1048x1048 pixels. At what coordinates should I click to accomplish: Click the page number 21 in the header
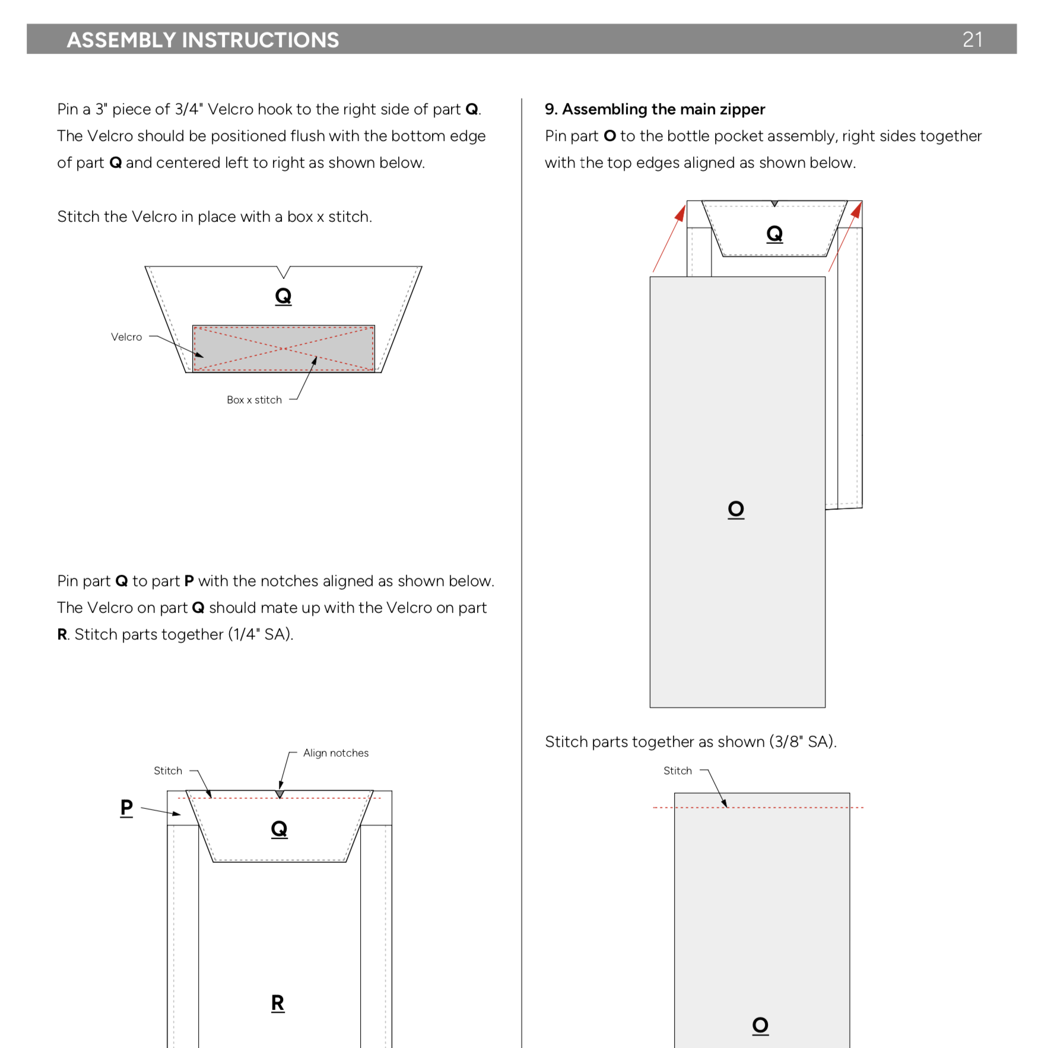click(972, 40)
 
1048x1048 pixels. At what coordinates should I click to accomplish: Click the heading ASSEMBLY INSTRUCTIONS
click(202, 40)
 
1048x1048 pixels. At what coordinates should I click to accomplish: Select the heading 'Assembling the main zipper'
click(663, 109)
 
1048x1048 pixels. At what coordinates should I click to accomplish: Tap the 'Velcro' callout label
click(126, 337)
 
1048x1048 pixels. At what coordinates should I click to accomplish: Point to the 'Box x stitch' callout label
click(254, 400)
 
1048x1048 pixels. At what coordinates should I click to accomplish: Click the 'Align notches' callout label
click(335, 753)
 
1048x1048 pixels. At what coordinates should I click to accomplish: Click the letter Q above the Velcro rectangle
click(283, 296)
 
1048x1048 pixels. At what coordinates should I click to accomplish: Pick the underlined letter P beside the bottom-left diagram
click(126, 807)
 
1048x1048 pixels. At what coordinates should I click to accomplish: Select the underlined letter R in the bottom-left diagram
click(278, 1003)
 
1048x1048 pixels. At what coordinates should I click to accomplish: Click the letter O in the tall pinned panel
click(736, 509)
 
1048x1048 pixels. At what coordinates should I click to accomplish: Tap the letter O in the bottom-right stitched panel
click(760, 1025)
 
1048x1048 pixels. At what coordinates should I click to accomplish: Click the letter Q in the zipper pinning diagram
click(774, 234)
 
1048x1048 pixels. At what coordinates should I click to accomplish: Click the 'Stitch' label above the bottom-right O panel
click(678, 771)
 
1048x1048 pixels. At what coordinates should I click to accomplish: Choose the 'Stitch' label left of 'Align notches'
click(168, 771)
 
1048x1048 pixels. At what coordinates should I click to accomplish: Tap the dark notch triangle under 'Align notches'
click(280, 794)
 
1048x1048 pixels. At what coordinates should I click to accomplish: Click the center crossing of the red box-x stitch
click(284, 349)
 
